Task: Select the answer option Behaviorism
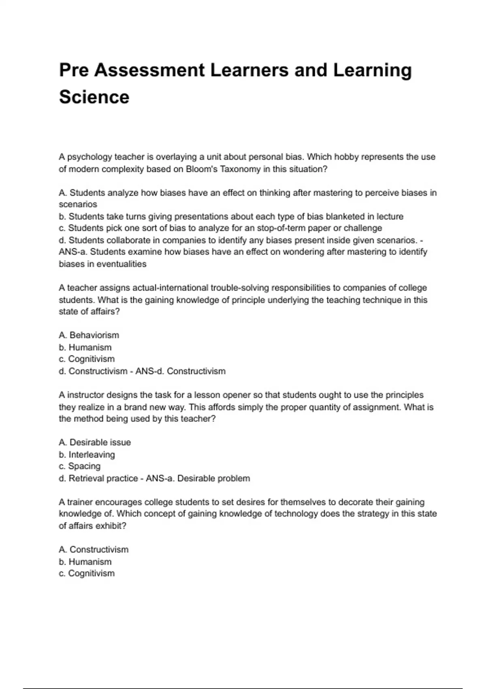click(x=94, y=335)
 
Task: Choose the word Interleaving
click(x=92, y=454)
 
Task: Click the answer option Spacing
click(x=84, y=466)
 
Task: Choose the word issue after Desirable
click(x=119, y=442)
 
